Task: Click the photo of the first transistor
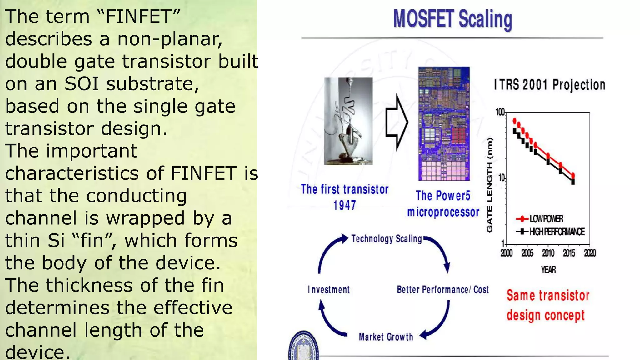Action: pyautogui.click(x=348, y=121)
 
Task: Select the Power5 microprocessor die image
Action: pyautogui.click(x=444, y=123)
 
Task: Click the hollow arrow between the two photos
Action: pyautogui.click(x=396, y=122)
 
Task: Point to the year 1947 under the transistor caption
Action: pyautogui.click(x=344, y=205)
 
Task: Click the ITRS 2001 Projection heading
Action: pyautogui.click(x=549, y=85)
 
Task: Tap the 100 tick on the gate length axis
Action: pyautogui.click(x=500, y=112)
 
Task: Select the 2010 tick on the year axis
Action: pyautogui.click(x=548, y=253)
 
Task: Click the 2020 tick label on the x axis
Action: pyautogui.click(x=590, y=253)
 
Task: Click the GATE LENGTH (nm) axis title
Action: pyautogui.click(x=490, y=185)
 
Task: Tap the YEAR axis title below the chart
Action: pyautogui.click(x=548, y=270)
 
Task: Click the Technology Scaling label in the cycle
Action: pyautogui.click(x=387, y=239)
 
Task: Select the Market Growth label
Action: pyautogui.click(x=386, y=337)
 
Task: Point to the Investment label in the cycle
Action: pyautogui.click(x=329, y=290)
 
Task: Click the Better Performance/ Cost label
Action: pyautogui.click(x=442, y=290)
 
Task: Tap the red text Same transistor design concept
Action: pyautogui.click(x=547, y=305)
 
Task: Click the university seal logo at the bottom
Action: pyautogui.click(x=303, y=347)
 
